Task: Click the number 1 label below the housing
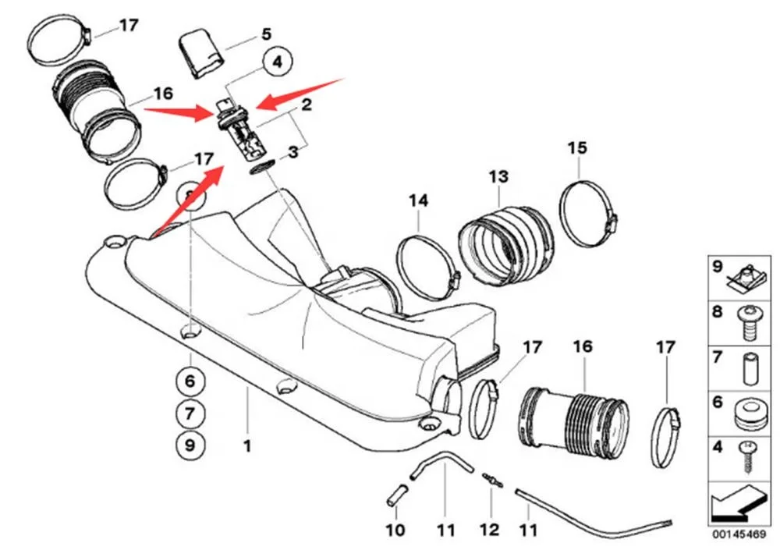[247, 446]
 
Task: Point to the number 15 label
[577, 147]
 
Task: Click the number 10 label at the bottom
[395, 530]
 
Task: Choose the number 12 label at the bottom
[489, 530]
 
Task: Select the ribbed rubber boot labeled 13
[505, 242]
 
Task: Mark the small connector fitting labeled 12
[491, 479]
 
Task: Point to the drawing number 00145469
[738, 536]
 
